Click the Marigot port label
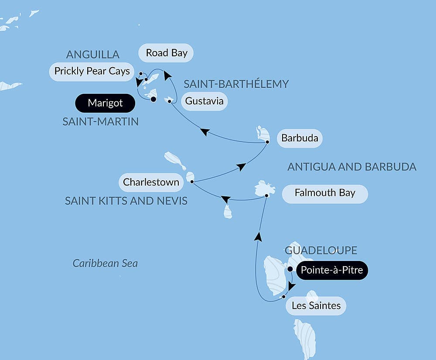[x=105, y=103]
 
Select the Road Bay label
[x=167, y=53]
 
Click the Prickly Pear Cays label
[x=92, y=71]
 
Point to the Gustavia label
[x=204, y=101]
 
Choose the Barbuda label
[x=300, y=139]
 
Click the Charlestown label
[x=151, y=182]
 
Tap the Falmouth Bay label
[x=325, y=193]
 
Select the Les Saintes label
[x=316, y=305]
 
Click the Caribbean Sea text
[x=105, y=263]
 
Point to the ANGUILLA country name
[x=93, y=55]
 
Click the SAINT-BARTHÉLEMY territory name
[x=236, y=84]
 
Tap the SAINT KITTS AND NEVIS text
[x=126, y=201]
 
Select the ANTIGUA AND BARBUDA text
[x=352, y=167]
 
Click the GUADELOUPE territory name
[x=321, y=250]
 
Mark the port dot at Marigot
[x=153, y=99]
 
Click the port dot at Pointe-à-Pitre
[x=290, y=269]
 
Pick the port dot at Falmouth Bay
[x=266, y=196]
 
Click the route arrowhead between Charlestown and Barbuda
[x=241, y=167]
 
